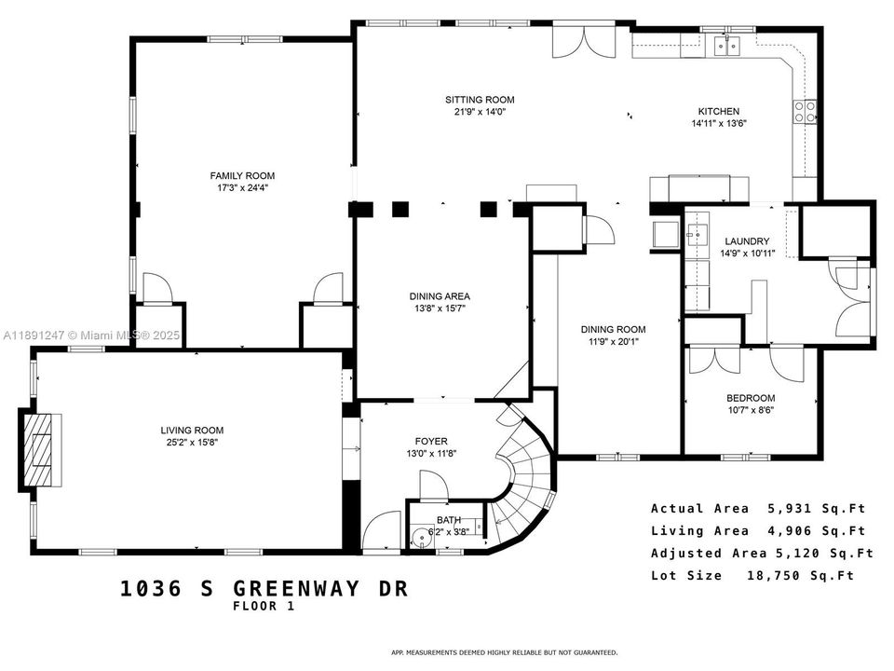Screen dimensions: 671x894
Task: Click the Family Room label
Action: (x=242, y=175)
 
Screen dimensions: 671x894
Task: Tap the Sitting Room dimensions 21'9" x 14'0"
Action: (x=479, y=113)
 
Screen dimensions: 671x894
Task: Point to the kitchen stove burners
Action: (x=806, y=112)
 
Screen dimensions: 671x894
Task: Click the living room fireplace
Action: (x=41, y=450)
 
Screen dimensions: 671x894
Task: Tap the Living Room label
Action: (x=191, y=430)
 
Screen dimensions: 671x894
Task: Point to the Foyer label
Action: (x=431, y=441)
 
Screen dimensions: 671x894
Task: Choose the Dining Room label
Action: (x=613, y=329)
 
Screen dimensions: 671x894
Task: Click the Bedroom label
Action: (x=750, y=398)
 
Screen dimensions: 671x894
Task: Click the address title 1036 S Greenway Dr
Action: (x=264, y=588)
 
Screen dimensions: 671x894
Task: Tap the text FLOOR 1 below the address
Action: (x=264, y=607)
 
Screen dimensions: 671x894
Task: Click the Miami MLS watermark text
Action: (x=93, y=335)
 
